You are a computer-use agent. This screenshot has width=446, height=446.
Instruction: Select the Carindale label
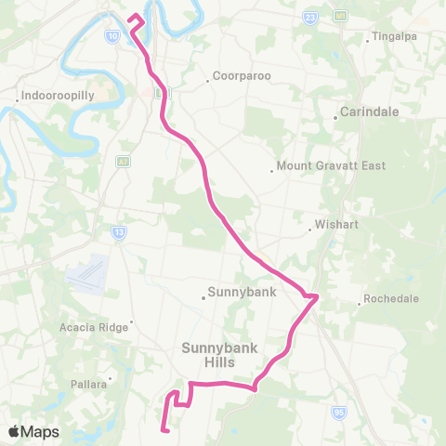click(368, 111)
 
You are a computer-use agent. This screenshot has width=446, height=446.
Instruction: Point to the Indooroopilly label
click(52, 95)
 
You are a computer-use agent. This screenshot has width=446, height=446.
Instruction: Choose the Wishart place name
click(332, 225)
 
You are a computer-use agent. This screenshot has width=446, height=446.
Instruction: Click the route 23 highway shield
click(309, 17)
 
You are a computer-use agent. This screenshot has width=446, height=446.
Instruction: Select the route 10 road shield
click(111, 35)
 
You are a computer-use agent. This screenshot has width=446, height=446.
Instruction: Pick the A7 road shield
click(122, 162)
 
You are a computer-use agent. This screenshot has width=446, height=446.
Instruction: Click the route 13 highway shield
click(118, 232)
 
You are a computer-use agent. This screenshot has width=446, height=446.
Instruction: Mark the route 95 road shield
click(339, 412)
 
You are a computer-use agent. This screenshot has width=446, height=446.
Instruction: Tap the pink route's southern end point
click(164, 429)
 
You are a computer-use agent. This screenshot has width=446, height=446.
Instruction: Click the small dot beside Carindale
click(335, 117)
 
